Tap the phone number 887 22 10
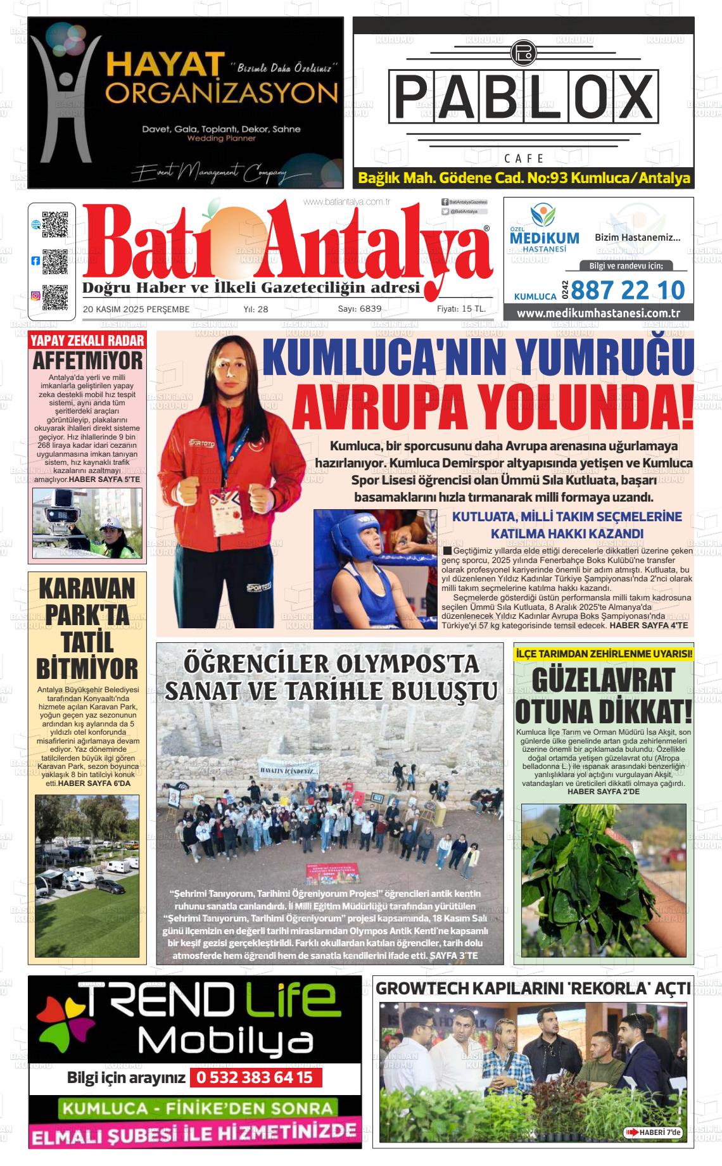(628, 290)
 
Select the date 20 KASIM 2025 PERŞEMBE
(136, 309)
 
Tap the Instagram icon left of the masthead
(35, 295)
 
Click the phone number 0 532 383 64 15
(255, 1077)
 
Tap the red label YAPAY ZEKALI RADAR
(87, 341)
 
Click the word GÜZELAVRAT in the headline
(603, 681)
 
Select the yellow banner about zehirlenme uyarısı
(604, 653)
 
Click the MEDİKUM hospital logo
(543, 232)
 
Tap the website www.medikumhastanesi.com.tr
(598, 313)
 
